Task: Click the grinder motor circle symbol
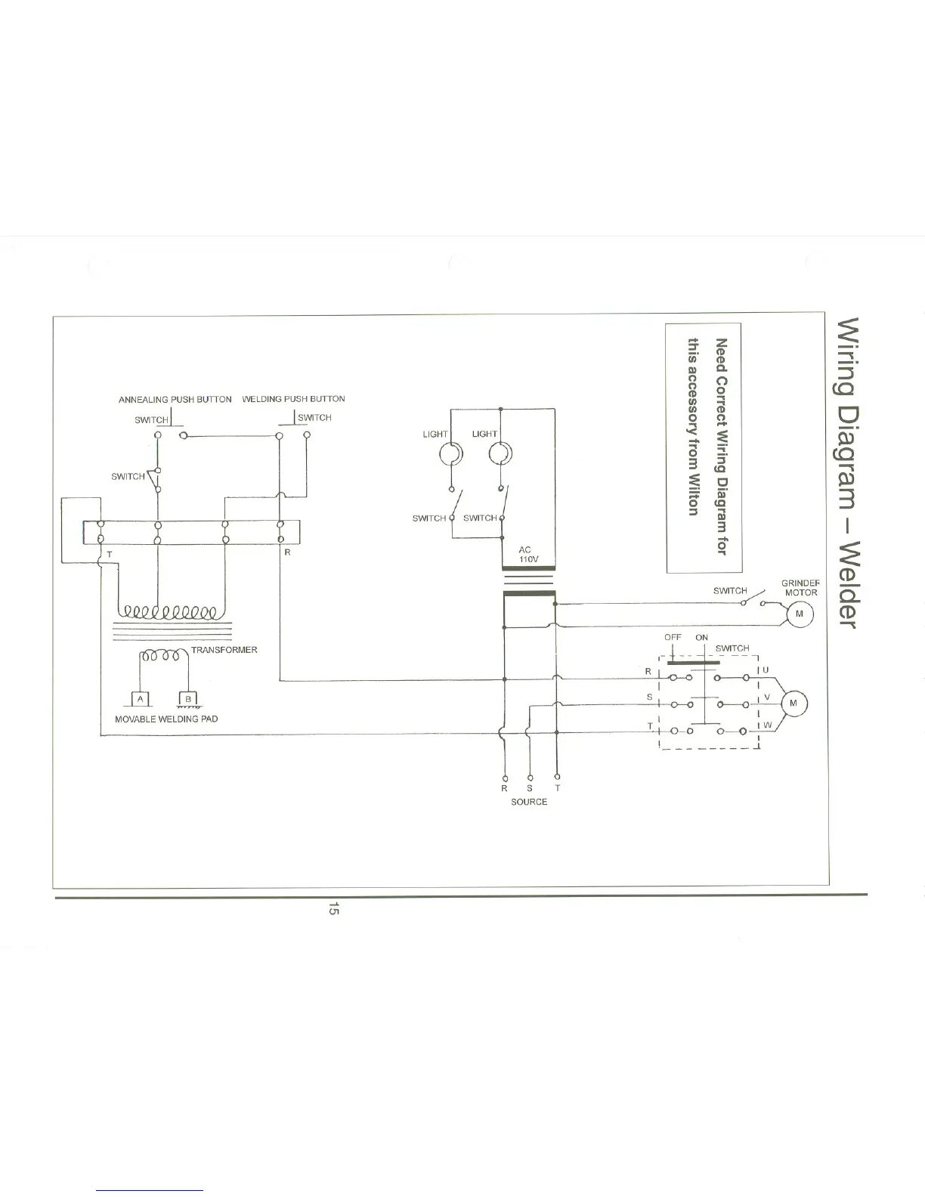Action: (x=800, y=615)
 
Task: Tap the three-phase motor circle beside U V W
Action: (x=793, y=703)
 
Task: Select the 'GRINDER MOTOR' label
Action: (x=800, y=588)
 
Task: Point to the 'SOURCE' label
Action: (x=529, y=802)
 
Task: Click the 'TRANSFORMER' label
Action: (x=224, y=650)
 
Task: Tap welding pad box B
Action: (x=188, y=699)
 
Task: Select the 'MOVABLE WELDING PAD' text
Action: (x=166, y=719)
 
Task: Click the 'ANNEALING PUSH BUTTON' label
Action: (x=175, y=399)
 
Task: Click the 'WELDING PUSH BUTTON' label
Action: (x=293, y=399)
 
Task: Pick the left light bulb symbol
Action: (x=451, y=453)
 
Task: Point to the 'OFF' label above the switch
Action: (x=673, y=637)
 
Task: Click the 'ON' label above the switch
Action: (x=701, y=637)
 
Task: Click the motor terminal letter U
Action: (x=766, y=670)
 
